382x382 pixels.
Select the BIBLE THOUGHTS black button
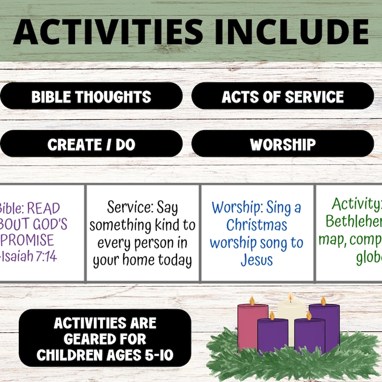pos(91,96)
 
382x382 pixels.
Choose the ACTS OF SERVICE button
pos(283,96)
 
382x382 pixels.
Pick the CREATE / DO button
pos(91,144)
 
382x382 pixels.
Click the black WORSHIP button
pos(283,144)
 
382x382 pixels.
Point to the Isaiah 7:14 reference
pos(29,256)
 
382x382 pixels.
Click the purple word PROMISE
pos(27,240)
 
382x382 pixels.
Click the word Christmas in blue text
pos(257,225)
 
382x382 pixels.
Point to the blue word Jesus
pos(257,260)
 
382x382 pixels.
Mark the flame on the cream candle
pos(291,297)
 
